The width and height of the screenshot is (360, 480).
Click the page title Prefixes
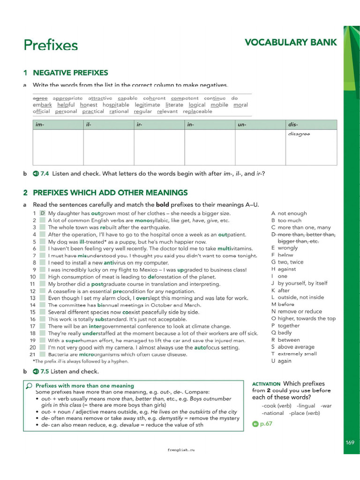tap(51, 45)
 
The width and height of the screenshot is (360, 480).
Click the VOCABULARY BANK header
tap(291, 43)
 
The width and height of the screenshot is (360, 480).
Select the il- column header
tap(89, 125)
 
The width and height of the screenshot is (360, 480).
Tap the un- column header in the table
tap(242, 125)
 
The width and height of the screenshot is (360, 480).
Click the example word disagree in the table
tap(299, 134)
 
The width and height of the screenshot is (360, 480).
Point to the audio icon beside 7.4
tap(35, 173)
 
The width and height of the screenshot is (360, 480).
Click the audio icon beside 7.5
tap(35, 371)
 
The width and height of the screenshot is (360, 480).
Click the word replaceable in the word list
tap(197, 112)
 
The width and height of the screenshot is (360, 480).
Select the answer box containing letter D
tap(42, 213)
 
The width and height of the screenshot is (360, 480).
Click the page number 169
tap(350, 442)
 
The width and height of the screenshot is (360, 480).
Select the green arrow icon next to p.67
tap(255, 424)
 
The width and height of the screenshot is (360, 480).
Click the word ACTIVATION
tap(266, 384)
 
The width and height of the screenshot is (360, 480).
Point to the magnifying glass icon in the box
tap(29, 386)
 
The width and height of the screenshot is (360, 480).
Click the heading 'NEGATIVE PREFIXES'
tap(70, 73)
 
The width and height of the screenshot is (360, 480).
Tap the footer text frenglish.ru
tap(180, 450)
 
